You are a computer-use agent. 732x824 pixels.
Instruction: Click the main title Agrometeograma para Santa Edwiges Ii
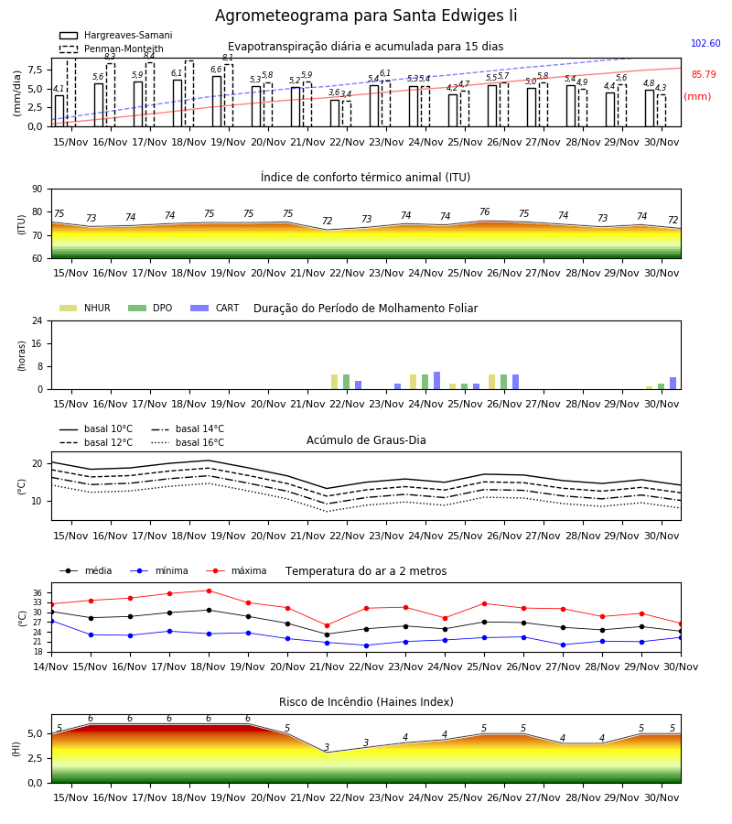366,16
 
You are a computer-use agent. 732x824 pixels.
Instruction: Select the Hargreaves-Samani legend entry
116,35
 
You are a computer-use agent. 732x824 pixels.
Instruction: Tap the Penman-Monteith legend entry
112,49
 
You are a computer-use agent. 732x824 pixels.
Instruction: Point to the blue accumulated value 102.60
705,43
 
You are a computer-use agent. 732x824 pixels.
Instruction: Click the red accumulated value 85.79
704,75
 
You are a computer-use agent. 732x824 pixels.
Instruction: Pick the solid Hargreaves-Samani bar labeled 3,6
335,113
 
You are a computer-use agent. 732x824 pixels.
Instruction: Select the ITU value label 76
484,211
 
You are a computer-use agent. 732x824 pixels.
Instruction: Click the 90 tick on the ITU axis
38,190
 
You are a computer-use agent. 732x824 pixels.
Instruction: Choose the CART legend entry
215,308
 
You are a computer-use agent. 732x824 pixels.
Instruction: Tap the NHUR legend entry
84,308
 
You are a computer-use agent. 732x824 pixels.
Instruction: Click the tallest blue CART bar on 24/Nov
436,381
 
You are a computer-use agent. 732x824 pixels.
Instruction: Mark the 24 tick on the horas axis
38,320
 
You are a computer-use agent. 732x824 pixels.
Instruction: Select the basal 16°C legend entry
188,442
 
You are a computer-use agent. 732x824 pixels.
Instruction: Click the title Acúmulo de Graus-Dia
366,440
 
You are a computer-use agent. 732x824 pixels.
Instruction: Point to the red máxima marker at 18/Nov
209,591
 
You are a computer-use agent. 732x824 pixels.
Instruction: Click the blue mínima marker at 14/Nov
51,621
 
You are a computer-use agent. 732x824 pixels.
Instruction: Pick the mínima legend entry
159,570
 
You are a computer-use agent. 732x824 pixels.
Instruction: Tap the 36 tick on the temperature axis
38,592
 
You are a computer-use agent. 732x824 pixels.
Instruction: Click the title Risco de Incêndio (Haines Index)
366,702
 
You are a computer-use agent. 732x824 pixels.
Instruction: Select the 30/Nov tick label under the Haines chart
662,797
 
